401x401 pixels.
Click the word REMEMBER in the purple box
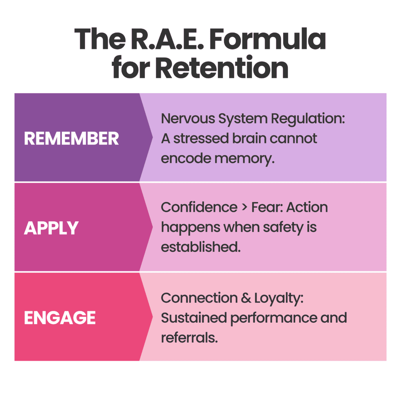tap(71, 139)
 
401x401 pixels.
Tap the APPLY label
tap(51, 228)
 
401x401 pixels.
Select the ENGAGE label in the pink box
tap(60, 318)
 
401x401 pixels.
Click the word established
tap(200, 247)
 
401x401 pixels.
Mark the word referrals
tap(189, 338)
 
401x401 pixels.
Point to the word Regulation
tap(306, 119)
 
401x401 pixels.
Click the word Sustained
tap(193, 318)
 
